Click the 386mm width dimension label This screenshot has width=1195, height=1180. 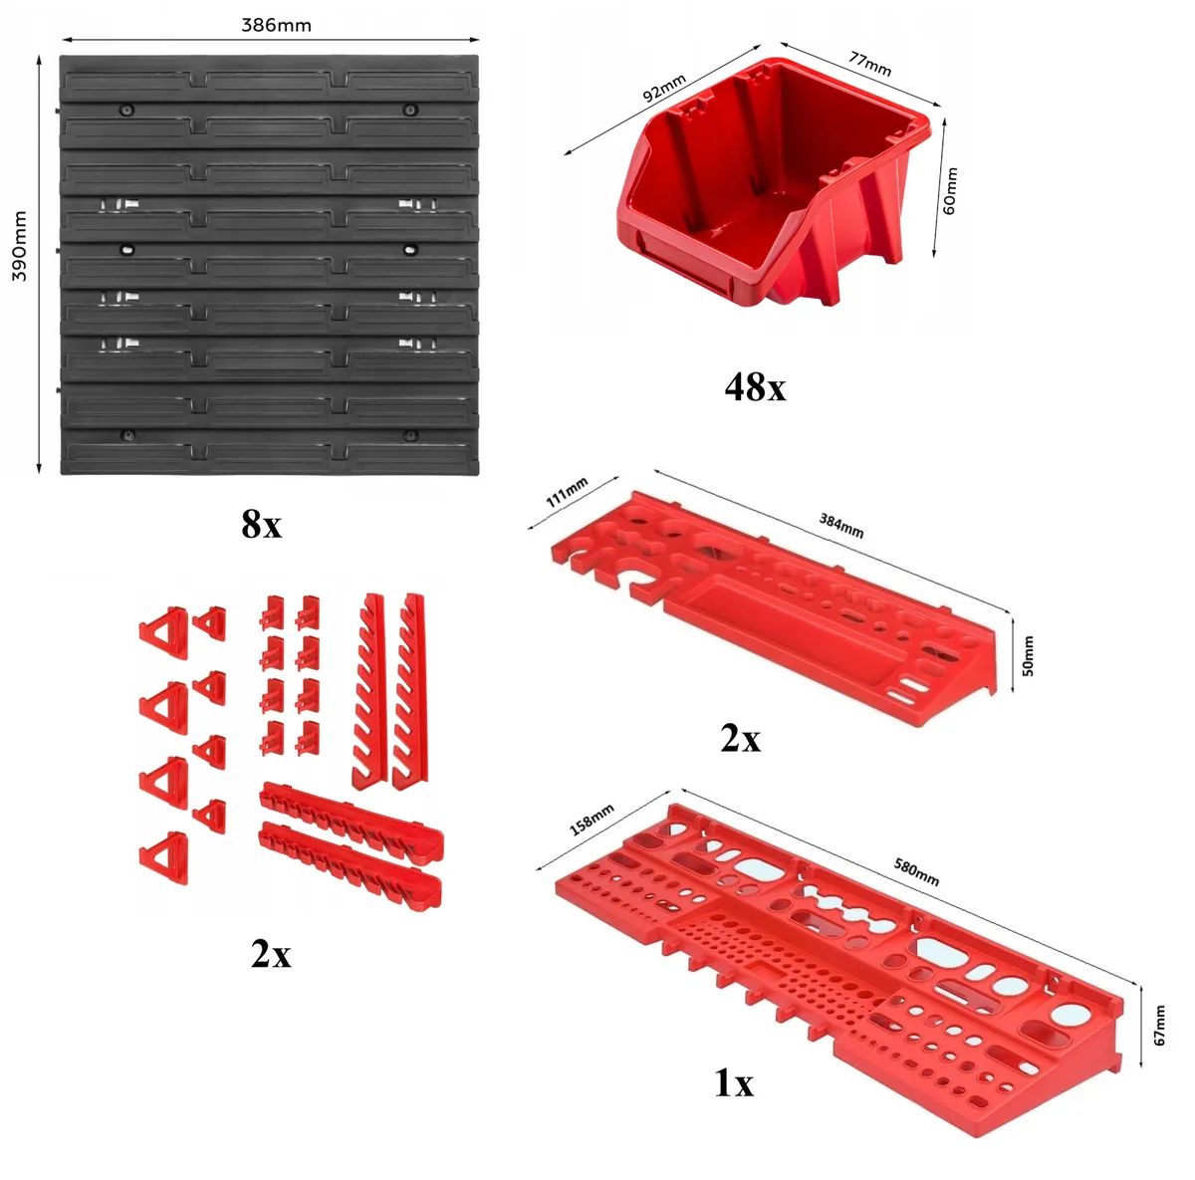click(x=276, y=26)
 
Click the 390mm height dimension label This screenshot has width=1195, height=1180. click(x=20, y=246)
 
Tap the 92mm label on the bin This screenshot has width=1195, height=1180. click(x=664, y=87)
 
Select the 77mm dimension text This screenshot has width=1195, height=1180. click(x=870, y=64)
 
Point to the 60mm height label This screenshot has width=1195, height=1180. click(x=949, y=190)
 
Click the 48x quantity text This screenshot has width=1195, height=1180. click(x=755, y=387)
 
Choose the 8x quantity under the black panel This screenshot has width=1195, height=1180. click(x=262, y=524)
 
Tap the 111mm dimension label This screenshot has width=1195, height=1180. click(x=567, y=492)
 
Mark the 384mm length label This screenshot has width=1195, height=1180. click(x=840, y=526)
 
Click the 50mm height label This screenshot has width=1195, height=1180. click(x=1028, y=656)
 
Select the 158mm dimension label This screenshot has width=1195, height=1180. click(x=592, y=820)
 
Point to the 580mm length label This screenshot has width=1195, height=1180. click(x=916, y=871)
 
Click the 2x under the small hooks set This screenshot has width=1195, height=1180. click(x=271, y=954)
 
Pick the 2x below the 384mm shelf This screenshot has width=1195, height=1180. click(x=740, y=739)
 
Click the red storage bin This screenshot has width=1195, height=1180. click(x=774, y=180)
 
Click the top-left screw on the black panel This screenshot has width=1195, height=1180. click(x=128, y=111)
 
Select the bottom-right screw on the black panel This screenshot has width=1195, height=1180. click(x=408, y=435)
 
